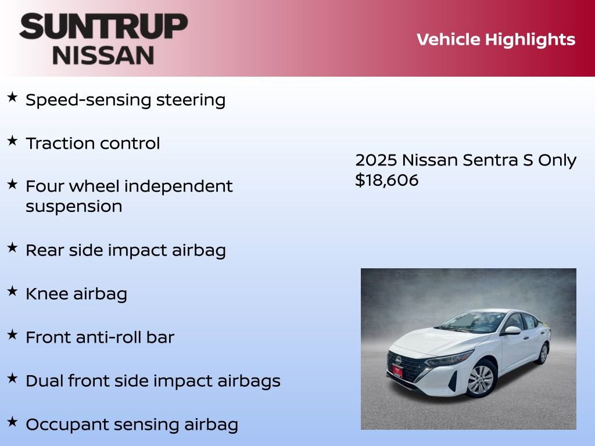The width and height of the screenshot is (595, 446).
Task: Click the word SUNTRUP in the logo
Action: click(103, 28)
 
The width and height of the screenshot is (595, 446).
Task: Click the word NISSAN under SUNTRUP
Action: click(103, 55)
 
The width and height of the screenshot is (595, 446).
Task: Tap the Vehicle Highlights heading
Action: click(496, 39)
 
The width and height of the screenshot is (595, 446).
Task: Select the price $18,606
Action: click(386, 180)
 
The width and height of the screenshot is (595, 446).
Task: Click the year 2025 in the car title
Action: click(376, 160)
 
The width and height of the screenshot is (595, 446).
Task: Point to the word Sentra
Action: click(490, 160)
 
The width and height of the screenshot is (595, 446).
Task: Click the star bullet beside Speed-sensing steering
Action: click(12, 98)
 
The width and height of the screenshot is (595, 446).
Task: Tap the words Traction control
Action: click(92, 143)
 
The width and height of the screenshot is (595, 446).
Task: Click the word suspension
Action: click(74, 207)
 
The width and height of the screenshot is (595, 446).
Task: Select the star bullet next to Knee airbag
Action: click(12, 292)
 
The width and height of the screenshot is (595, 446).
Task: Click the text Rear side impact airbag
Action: click(126, 250)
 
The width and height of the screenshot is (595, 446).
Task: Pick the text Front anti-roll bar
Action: click(99, 337)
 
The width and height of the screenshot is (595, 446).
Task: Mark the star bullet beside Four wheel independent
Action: click(12, 185)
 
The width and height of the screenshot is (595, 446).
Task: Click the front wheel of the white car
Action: click(481, 380)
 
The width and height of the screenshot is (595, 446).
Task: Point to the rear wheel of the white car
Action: click(543, 353)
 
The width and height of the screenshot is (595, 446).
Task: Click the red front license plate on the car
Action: click(397, 371)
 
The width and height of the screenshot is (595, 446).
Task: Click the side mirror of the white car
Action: click(512, 330)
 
